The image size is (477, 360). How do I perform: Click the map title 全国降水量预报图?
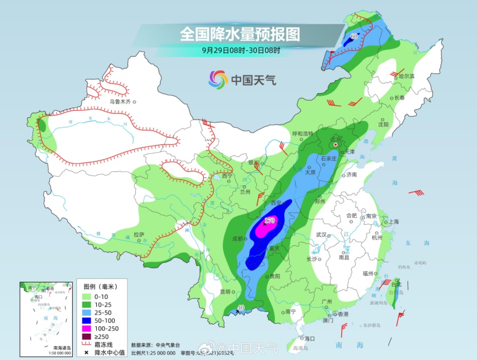pyautogui.click(x=239, y=34)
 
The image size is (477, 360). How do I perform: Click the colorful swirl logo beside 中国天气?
pyautogui.click(x=218, y=79)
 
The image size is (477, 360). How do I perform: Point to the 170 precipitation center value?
pyautogui.click(x=269, y=221)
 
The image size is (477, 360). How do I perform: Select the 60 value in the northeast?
pyautogui.click(x=354, y=36)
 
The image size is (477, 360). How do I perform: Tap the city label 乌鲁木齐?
pyautogui.click(x=119, y=101)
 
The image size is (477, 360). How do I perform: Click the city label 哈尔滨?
pyautogui.click(x=407, y=76)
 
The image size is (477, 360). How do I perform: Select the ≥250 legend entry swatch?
pyautogui.click(x=87, y=336)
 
